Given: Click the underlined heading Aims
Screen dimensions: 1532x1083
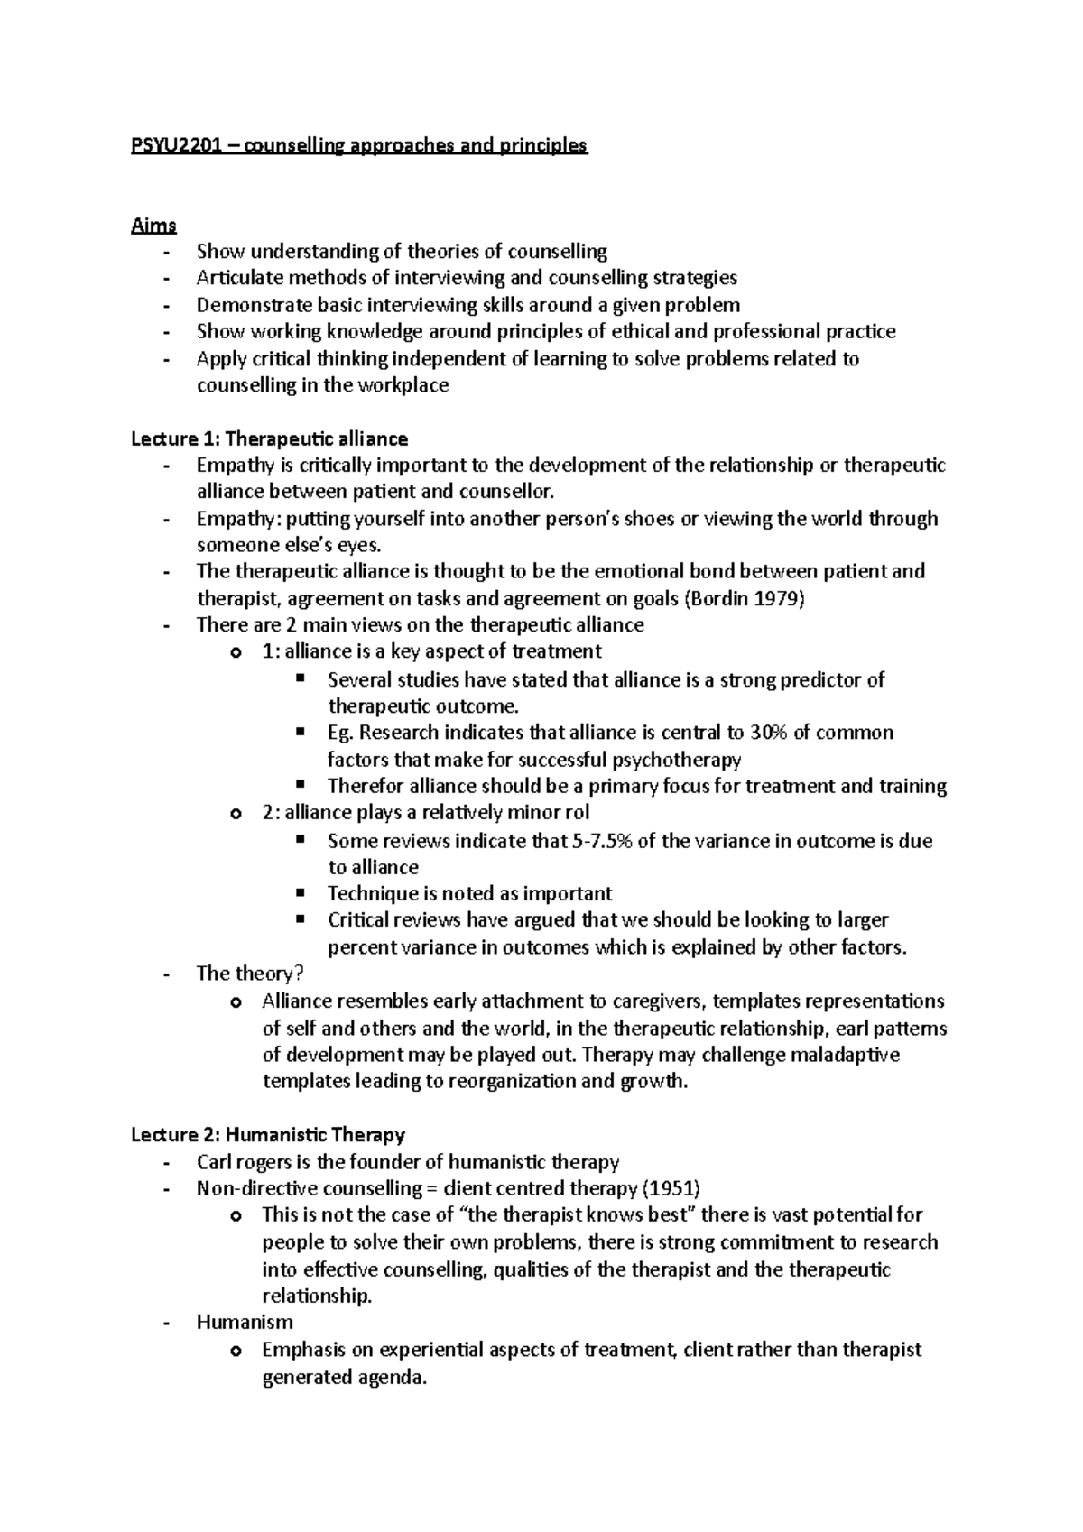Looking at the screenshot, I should [153, 226].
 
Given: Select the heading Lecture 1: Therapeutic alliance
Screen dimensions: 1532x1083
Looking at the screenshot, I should [269, 438].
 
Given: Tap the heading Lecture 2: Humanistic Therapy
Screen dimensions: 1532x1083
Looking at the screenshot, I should [267, 1134].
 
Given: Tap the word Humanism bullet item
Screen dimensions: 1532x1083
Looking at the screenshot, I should [244, 1322].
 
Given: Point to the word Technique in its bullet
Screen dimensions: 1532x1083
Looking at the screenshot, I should [371, 893].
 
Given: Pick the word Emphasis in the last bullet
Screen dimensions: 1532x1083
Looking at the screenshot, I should [304, 1350].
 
